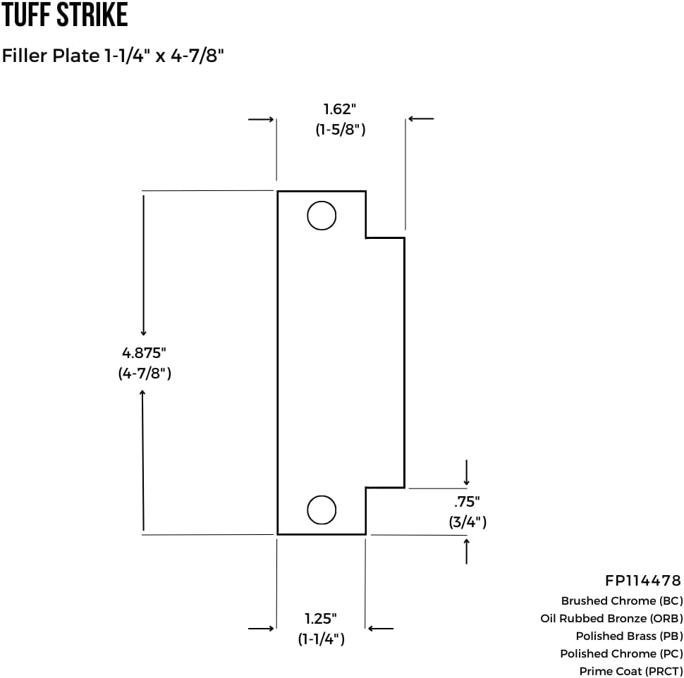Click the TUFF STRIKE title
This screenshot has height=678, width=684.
tap(64, 16)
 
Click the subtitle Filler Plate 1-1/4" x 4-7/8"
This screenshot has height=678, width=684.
tap(113, 56)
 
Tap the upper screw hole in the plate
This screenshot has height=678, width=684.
tap(322, 216)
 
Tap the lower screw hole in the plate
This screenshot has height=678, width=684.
tap(322, 510)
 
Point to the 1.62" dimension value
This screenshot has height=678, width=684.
tap(339, 109)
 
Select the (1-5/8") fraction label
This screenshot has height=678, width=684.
tap(340, 130)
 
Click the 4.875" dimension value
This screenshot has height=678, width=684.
tap(145, 353)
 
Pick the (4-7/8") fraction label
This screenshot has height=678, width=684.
tap(145, 374)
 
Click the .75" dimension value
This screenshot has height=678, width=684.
tap(467, 502)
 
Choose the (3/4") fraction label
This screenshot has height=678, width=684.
tap(468, 522)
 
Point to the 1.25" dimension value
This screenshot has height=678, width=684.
tap(321, 619)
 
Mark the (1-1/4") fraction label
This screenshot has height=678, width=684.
tap(321, 639)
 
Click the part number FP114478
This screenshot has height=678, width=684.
tap(643, 581)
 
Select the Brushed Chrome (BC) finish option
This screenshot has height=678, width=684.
tap(622, 601)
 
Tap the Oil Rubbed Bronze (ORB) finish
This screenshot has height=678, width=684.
tap(611, 619)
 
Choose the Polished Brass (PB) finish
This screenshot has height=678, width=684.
tap(629, 636)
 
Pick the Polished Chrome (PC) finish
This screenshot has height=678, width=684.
tap(621, 654)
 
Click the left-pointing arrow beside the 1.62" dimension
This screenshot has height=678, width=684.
tap(421, 119)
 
